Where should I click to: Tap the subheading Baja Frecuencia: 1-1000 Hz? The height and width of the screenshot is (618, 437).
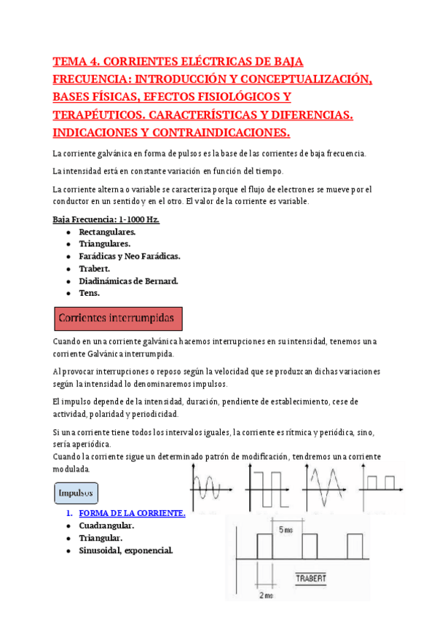coord(106,219)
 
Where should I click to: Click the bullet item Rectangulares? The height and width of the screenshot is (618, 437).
coord(107,232)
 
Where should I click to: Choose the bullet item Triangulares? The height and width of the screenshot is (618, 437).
coord(105,244)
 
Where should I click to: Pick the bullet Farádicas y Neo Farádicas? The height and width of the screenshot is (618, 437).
coord(129,257)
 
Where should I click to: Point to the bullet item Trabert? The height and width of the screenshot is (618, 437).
coord(95,269)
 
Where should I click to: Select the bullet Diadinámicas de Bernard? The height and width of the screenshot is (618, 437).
coord(128,281)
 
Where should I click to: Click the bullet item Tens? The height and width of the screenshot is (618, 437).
coord(89,293)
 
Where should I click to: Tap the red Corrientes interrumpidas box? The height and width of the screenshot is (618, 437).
coord(118,318)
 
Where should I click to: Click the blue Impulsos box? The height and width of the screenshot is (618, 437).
coord(76,493)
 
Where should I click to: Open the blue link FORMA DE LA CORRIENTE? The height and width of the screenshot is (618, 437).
coord(132,513)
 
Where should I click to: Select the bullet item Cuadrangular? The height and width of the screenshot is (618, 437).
coord(106,525)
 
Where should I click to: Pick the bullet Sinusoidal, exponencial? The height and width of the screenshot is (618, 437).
coord(126,550)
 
